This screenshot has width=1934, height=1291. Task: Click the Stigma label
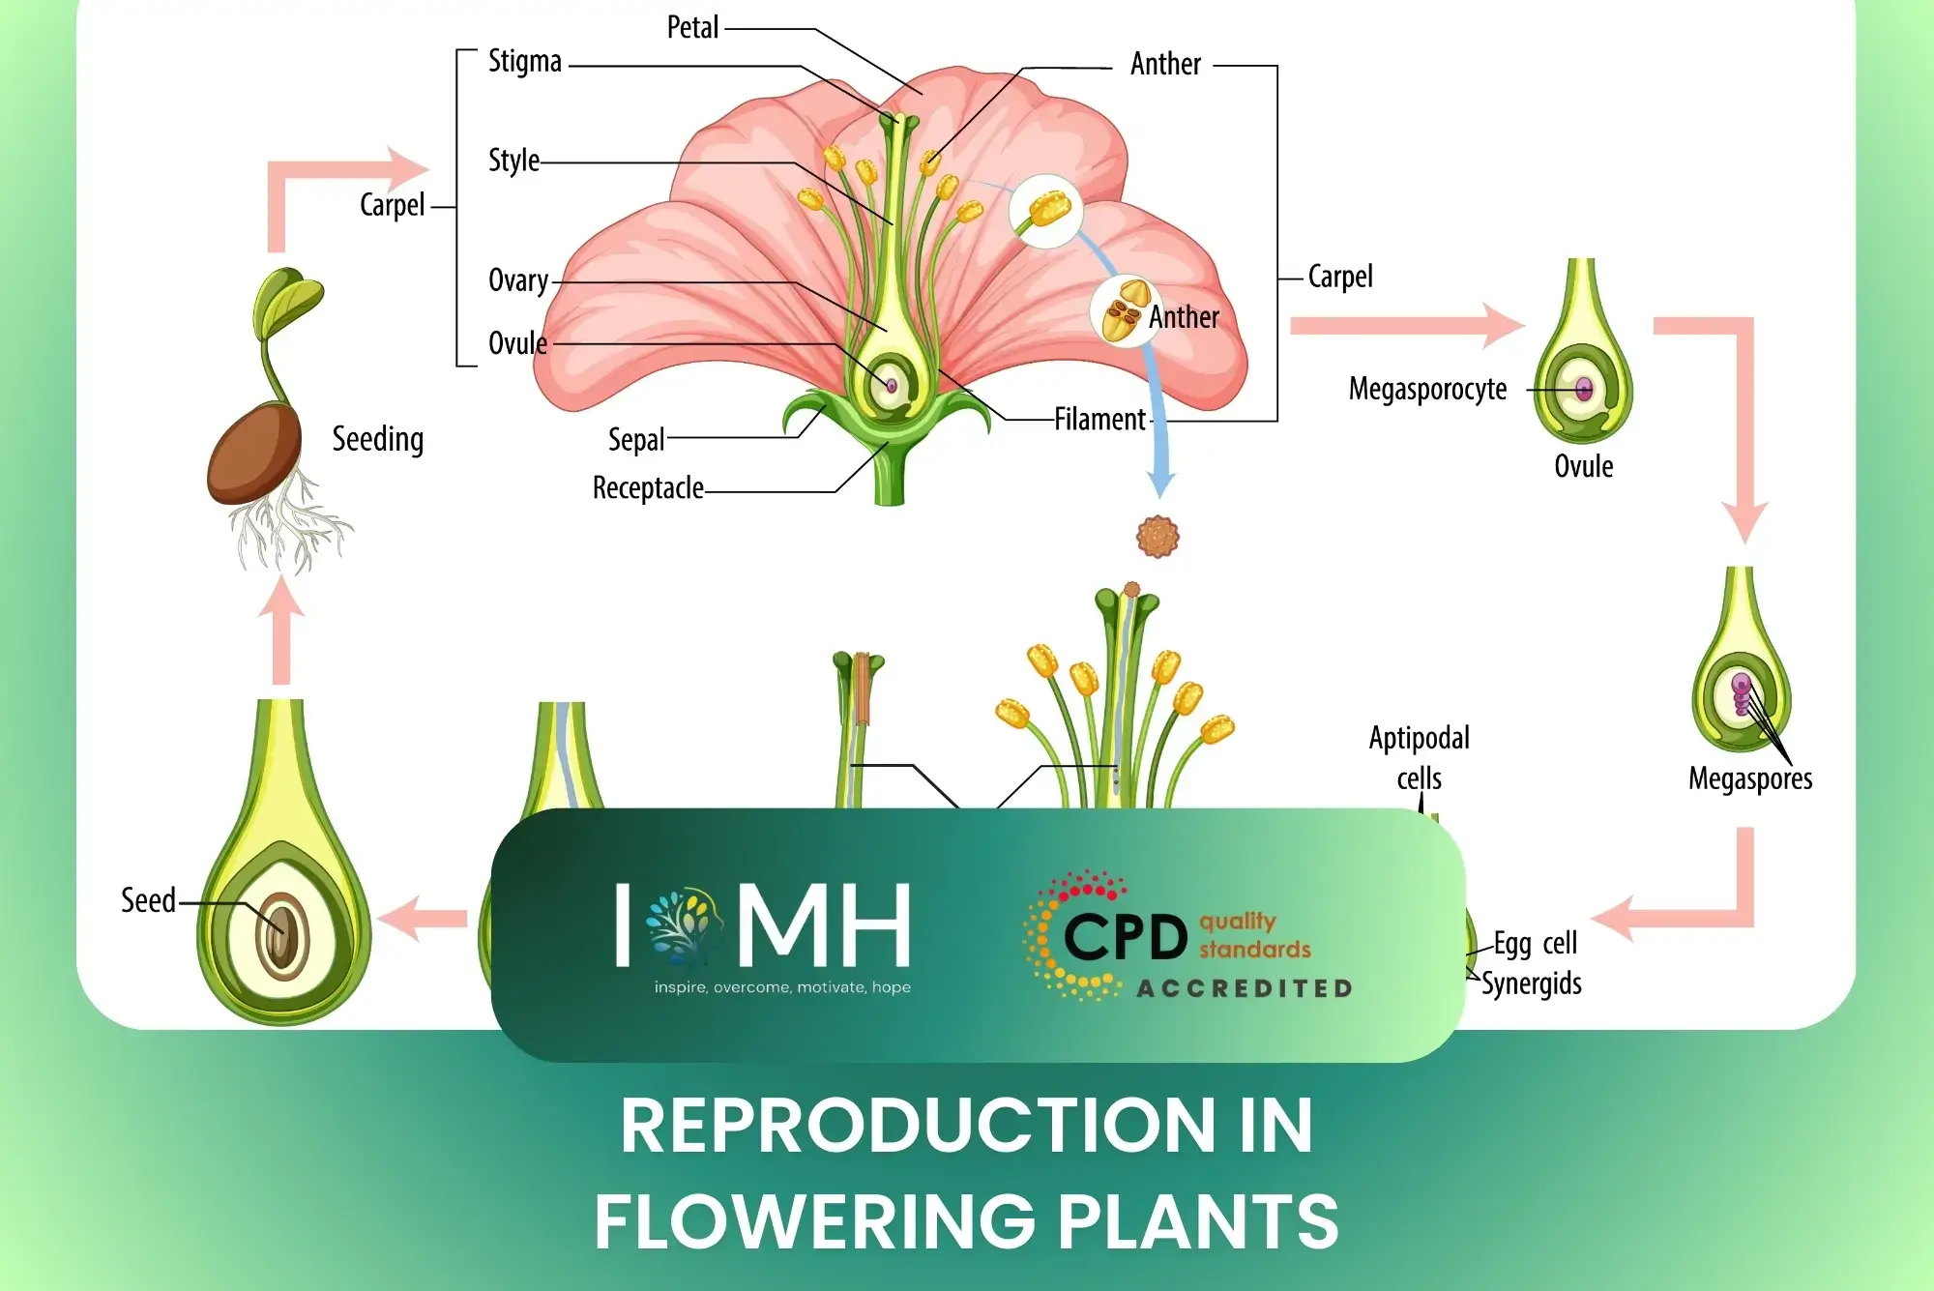tap(524, 62)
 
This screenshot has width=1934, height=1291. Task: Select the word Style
tap(513, 160)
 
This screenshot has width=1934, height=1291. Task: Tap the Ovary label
tap(517, 280)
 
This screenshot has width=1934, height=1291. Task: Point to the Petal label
tap(692, 27)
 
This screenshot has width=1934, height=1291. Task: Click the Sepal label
tap(635, 440)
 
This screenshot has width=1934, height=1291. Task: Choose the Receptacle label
tap(648, 487)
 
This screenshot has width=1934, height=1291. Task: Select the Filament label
tap(1099, 420)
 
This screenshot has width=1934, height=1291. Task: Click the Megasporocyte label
tap(1427, 389)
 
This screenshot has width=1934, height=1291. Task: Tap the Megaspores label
tap(1750, 778)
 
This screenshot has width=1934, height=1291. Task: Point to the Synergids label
tap(1532, 983)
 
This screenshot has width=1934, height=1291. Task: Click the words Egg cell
tap(1535, 943)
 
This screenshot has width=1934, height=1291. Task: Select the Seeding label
tap(378, 439)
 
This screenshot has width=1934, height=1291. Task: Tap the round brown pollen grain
tap(1157, 536)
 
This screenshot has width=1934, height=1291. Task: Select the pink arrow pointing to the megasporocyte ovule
tap(1407, 325)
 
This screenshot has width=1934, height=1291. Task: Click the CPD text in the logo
tap(1125, 936)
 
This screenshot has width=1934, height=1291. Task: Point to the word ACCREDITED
tap(1245, 988)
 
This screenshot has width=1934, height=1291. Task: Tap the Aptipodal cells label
tap(1419, 757)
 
